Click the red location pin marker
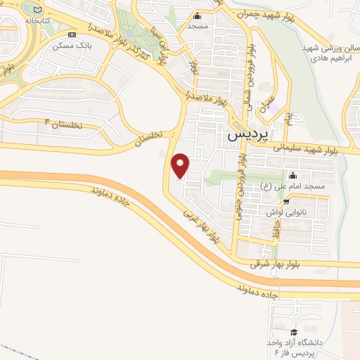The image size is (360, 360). (x=181, y=166)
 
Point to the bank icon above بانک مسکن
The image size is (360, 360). (x=70, y=34)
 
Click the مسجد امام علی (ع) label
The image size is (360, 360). (x=292, y=186)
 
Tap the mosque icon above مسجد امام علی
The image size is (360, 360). (x=292, y=175)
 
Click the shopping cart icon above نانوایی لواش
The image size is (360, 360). (x=304, y=200)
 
